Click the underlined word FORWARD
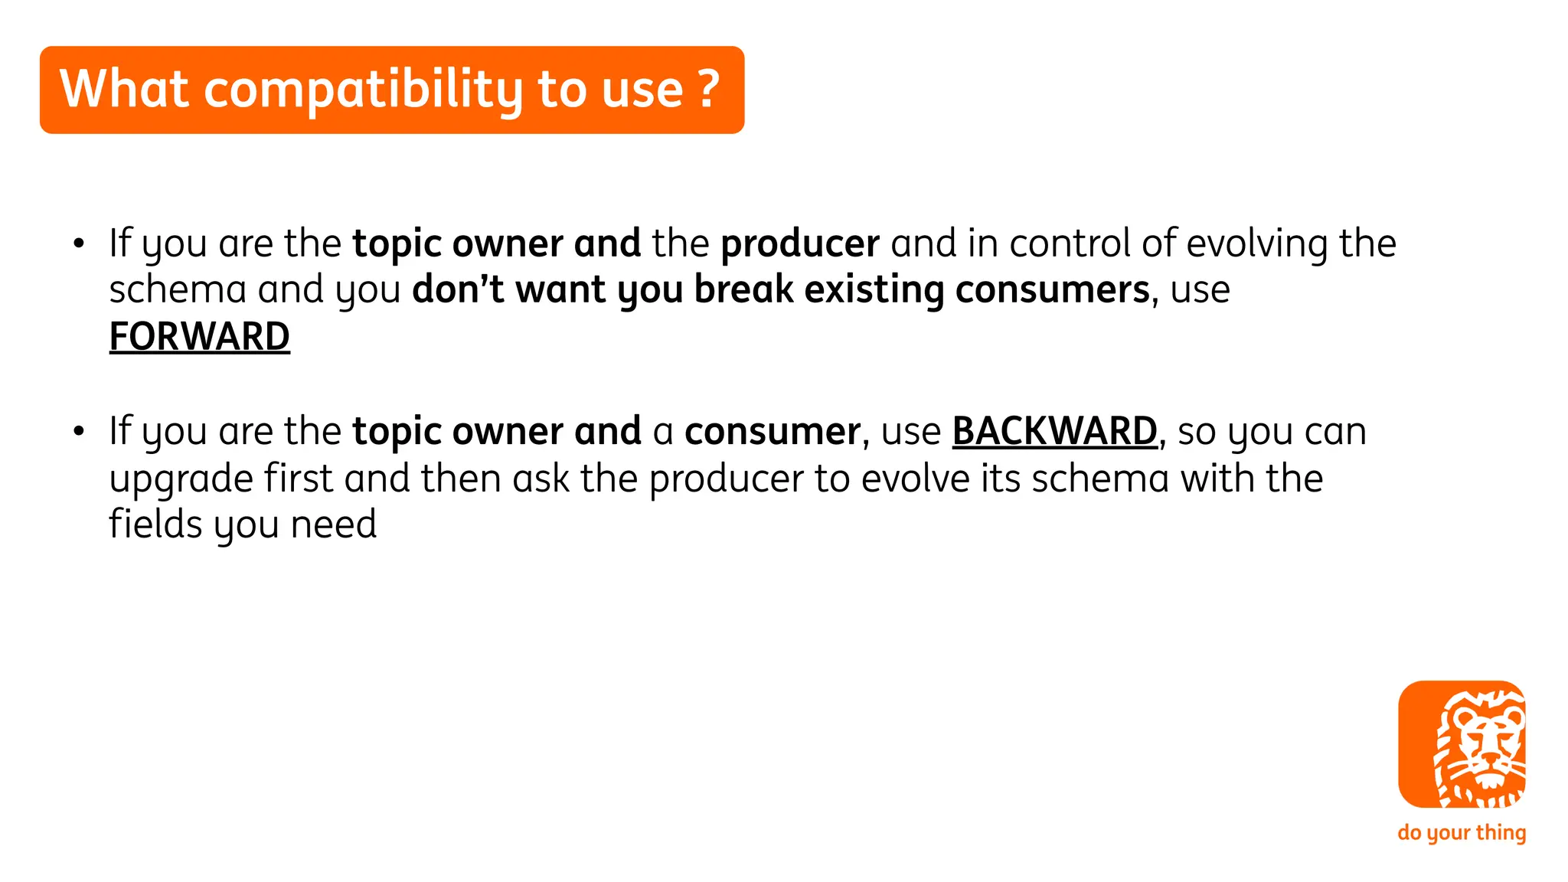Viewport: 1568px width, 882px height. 199,337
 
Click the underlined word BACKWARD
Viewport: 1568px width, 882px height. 1054,431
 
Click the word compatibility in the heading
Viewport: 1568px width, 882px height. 364,90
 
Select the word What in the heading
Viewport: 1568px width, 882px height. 124,89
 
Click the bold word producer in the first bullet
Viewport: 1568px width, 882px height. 799,244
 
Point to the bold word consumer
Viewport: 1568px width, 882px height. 772,432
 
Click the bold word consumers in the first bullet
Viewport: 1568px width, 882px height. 1052,290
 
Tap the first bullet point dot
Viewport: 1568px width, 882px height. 78,244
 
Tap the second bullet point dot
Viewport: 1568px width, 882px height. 78,432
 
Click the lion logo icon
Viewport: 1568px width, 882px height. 1461,744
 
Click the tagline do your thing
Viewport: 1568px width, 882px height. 1461,832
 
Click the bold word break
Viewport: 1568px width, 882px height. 743,290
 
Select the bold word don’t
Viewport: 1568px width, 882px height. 457,290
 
